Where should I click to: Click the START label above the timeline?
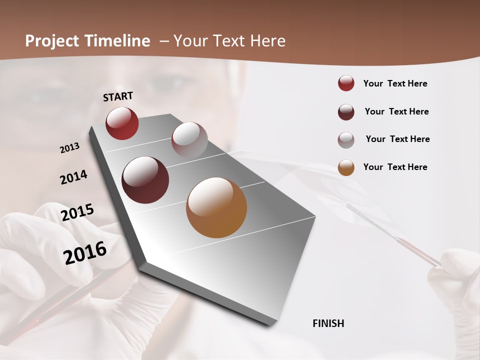point(118,96)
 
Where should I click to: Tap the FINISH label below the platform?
point(328,323)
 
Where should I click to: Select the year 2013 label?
point(69,148)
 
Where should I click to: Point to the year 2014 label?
point(73,177)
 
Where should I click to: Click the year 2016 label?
point(85,253)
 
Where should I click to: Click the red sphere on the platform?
point(122,123)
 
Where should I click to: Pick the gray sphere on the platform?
point(189,140)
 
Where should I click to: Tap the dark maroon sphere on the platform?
point(145,180)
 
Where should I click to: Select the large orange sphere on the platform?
point(216,207)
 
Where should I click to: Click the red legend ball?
point(346,83)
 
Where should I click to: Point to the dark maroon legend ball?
point(346,112)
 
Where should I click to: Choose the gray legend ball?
point(346,140)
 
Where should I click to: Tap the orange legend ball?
point(346,167)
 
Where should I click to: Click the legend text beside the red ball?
point(395,83)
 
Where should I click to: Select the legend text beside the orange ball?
point(395,167)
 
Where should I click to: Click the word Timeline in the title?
point(117,41)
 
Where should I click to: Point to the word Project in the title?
point(52,41)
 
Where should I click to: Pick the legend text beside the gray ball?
point(397,139)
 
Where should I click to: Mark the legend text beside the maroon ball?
point(396,111)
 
